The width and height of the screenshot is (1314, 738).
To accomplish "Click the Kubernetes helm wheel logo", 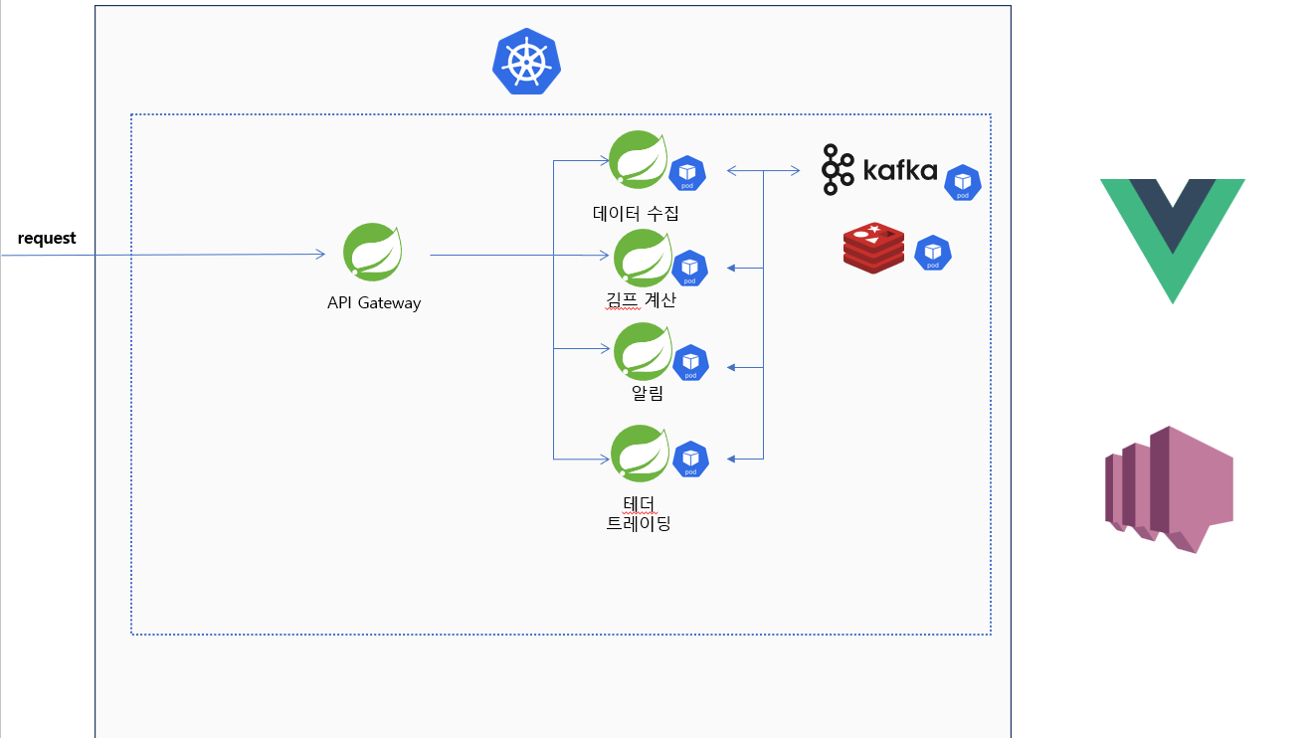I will click(x=526, y=62).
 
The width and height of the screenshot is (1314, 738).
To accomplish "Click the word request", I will click(x=47, y=239).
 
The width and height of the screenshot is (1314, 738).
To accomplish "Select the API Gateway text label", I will click(x=374, y=303).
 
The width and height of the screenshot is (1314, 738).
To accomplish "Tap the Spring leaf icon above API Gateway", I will click(x=373, y=253).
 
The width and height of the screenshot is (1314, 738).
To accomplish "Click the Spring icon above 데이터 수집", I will click(x=638, y=159).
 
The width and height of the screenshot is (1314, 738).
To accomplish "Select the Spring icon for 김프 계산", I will click(x=643, y=258).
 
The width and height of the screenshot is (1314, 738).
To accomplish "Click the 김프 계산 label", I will click(x=641, y=299).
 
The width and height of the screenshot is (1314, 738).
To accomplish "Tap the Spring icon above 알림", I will click(x=643, y=351).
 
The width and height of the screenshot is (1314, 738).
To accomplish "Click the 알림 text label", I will click(x=648, y=393).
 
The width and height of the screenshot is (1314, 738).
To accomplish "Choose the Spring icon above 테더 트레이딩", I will click(x=641, y=454).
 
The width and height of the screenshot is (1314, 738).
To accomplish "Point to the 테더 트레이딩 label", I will click(x=639, y=511).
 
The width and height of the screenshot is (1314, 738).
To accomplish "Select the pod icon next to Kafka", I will click(x=962, y=183).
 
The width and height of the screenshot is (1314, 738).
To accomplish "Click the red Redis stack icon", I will click(x=873, y=248).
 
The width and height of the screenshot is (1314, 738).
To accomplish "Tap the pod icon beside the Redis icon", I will click(x=932, y=253).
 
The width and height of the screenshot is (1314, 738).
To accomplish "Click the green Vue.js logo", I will click(x=1172, y=239).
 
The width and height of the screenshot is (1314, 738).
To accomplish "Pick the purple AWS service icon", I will click(x=1168, y=488).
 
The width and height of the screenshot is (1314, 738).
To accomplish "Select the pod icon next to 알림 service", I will click(x=690, y=363).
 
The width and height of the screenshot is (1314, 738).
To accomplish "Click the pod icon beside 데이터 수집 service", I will click(x=686, y=173).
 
